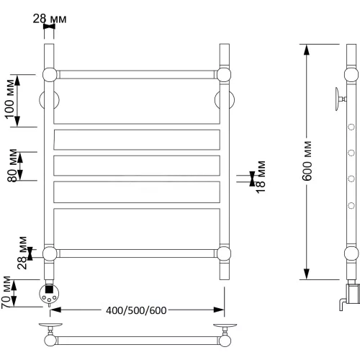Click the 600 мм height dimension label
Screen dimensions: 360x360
(307, 161)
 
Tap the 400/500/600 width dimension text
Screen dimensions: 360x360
(136, 310)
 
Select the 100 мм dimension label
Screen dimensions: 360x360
(10, 99)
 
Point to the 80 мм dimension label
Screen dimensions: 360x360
(12, 166)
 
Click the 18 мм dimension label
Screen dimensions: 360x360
(261, 177)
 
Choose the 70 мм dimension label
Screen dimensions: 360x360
(6, 292)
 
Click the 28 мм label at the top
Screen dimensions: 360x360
(50, 19)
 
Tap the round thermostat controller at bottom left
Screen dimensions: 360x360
(49, 294)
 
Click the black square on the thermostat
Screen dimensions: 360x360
(49, 289)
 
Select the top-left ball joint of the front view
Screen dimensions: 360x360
(50, 75)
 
